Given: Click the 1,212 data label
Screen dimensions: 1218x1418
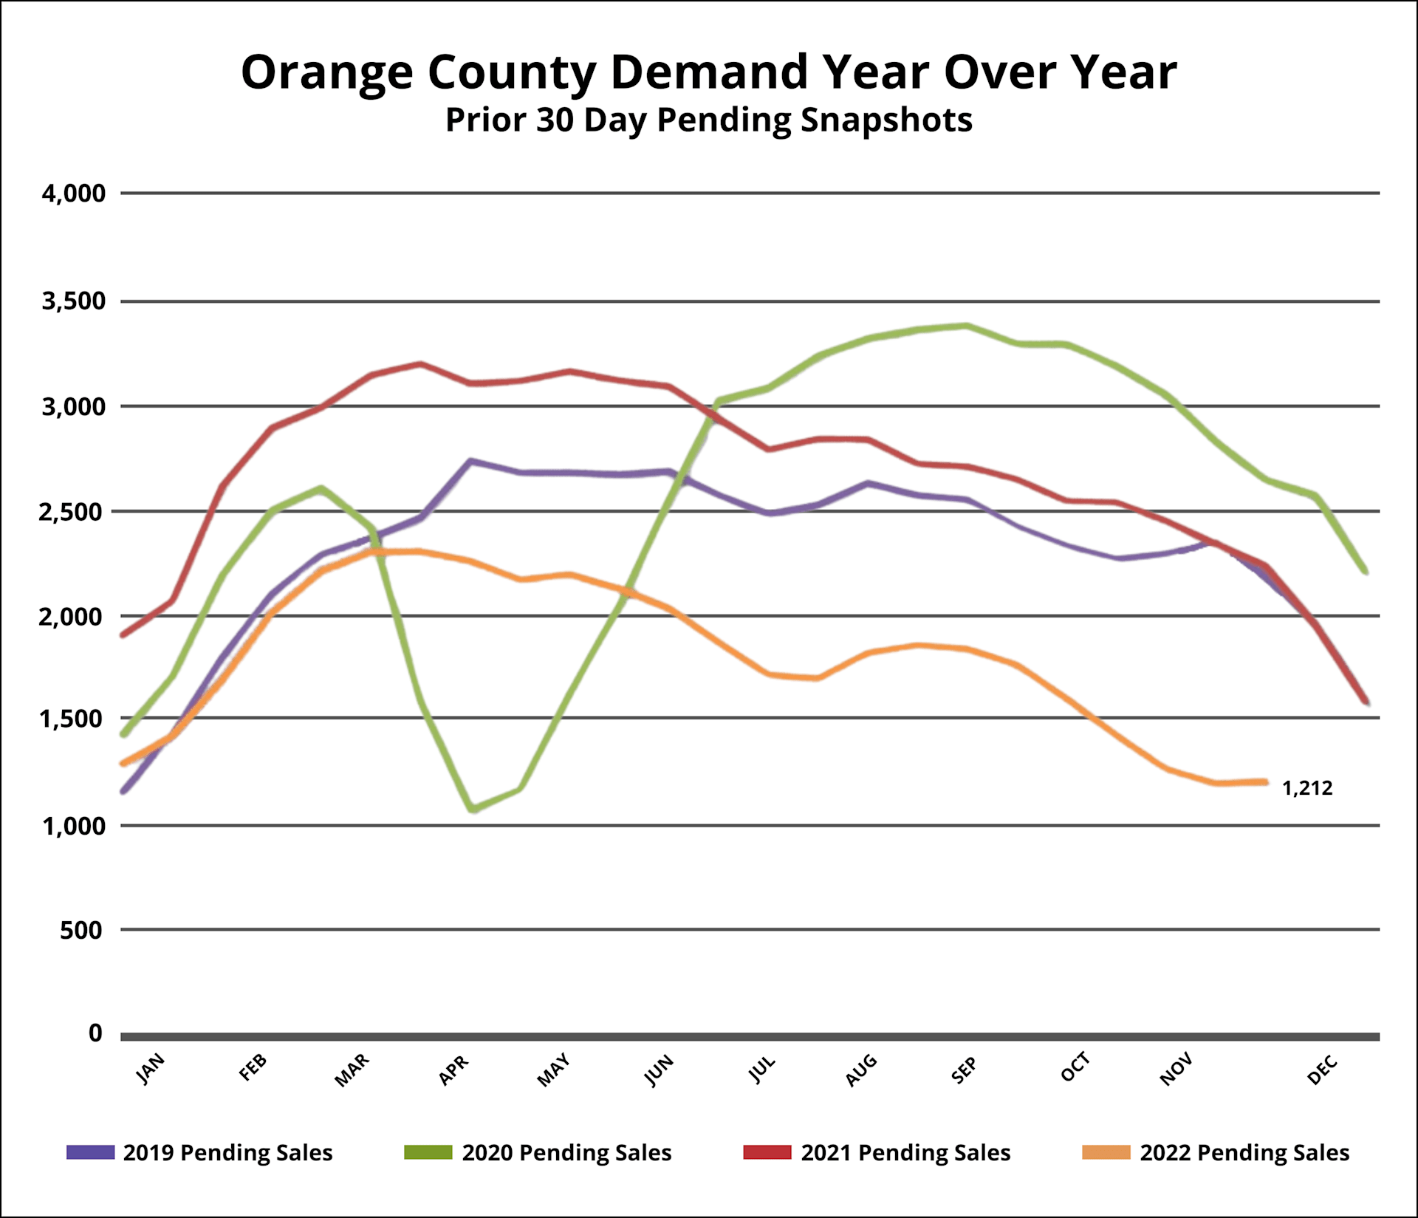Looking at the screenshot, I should (x=1307, y=788).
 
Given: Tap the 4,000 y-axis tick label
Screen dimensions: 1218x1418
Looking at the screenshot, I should (x=74, y=194).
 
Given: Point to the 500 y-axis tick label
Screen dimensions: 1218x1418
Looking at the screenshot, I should (x=81, y=930).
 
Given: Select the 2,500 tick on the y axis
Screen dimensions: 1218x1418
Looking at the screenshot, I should (x=72, y=511).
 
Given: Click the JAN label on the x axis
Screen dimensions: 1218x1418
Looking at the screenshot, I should (x=151, y=1069).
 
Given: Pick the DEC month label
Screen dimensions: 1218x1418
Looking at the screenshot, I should (x=1322, y=1070).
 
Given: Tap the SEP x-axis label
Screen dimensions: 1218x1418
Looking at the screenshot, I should (x=964, y=1070).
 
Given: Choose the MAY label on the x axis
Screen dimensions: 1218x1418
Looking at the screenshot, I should (x=553, y=1070).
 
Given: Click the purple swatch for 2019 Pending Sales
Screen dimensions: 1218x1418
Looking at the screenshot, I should (x=90, y=1152).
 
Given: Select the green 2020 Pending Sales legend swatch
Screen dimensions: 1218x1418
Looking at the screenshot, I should (x=428, y=1152).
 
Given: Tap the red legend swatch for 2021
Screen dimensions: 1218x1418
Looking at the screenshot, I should (x=767, y=1152).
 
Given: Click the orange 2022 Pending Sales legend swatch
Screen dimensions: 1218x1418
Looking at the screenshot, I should (x=1106, y=1152).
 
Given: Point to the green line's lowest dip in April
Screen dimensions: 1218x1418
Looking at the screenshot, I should (x=473, y=810).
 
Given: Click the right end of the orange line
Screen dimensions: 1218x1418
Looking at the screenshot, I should (x=1266, y=781).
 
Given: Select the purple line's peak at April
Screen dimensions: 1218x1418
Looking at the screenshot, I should (x=470, y=461).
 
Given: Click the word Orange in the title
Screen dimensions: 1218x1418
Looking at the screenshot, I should (x=326, y=72).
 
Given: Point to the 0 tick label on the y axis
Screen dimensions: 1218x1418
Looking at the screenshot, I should (x=95, y=1033).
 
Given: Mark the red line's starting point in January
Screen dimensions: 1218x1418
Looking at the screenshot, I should (x=123, y=634).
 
